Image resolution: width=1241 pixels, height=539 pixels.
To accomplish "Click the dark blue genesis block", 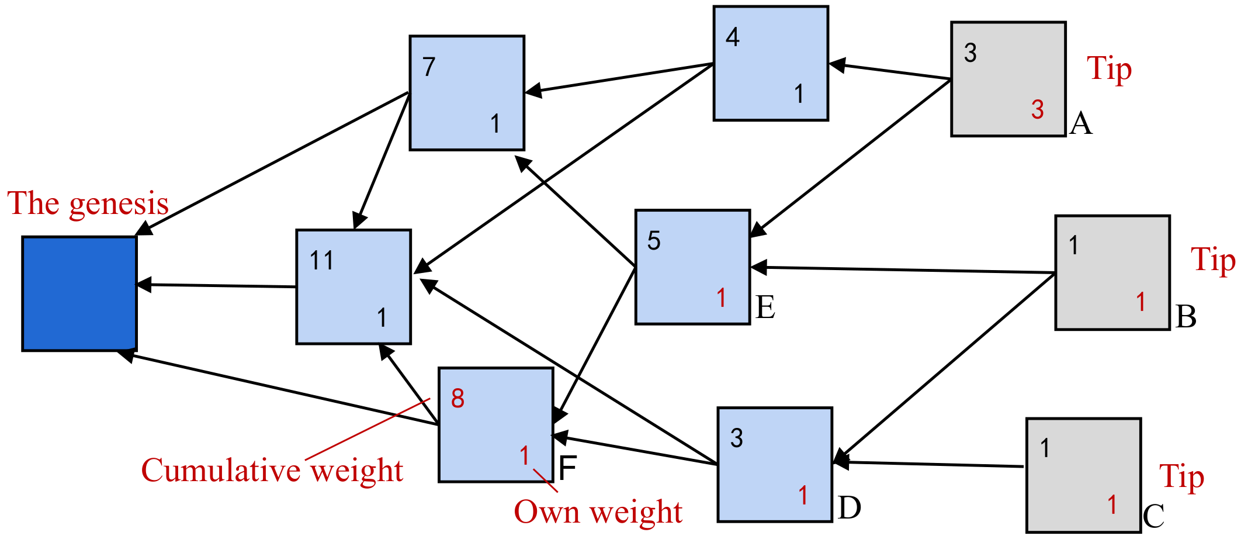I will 79,293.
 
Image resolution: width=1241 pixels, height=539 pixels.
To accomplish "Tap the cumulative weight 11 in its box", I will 321,261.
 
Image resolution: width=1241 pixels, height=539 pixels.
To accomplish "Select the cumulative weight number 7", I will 429,67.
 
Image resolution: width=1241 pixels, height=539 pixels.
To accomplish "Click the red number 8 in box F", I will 457,399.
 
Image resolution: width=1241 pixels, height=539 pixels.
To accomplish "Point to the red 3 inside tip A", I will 1037,110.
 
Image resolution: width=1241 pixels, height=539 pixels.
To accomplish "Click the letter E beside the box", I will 765,307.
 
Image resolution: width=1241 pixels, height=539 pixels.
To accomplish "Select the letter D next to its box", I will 849,508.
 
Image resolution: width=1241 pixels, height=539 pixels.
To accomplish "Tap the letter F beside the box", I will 567,468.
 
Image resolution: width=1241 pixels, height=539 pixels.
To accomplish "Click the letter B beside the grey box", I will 1185,317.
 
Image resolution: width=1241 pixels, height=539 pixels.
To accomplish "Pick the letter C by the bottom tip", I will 1153,517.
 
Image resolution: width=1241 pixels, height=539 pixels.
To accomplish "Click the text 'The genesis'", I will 88,204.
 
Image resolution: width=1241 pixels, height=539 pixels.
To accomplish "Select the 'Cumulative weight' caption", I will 272,471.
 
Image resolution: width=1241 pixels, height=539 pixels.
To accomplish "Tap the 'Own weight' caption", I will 598,513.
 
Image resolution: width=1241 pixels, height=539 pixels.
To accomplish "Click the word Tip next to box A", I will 1109,70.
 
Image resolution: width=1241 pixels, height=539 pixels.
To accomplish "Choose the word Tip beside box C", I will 1181,477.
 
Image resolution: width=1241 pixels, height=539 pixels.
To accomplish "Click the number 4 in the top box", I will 732,37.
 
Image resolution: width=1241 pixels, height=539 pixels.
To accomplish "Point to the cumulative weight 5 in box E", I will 654,241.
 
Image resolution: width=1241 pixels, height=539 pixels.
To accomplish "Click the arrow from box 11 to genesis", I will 216,286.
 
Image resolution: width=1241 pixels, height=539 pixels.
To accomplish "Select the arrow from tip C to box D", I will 935,464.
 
